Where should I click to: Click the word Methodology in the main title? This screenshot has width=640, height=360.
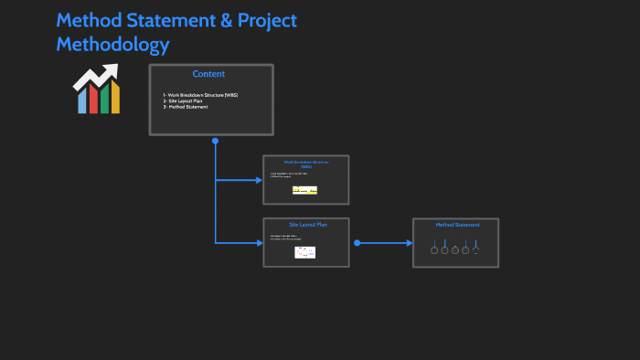112,45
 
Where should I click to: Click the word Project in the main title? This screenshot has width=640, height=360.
262,21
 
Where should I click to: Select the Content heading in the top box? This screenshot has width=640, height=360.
208,74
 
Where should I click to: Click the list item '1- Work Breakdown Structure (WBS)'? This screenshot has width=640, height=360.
200,95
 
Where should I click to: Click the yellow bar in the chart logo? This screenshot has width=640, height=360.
115,98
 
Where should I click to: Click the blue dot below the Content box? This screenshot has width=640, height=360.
215,141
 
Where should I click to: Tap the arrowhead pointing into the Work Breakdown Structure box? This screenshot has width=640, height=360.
259,180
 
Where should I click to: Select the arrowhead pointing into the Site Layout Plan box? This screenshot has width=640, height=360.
259,243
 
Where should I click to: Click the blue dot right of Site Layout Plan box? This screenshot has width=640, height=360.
357,243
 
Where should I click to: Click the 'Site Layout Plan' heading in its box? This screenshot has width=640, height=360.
306,225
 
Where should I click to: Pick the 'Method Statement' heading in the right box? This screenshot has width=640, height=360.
456,225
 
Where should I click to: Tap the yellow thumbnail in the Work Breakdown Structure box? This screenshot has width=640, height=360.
304,190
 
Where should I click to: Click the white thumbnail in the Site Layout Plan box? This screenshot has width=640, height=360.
305,252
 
